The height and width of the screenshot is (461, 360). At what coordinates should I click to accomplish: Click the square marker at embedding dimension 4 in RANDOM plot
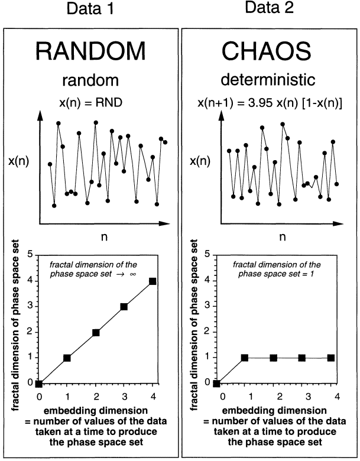click(x=153, y=281)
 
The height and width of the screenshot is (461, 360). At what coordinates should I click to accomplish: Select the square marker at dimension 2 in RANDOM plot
click(x=96, y=333)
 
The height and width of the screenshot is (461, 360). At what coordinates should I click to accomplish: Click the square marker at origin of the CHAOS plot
click(x=216, y=384)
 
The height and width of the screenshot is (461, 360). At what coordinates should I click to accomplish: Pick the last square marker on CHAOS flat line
click(x=330, y=358)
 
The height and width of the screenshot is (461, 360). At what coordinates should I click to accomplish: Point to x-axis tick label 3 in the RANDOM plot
click(x=124, y=396)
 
